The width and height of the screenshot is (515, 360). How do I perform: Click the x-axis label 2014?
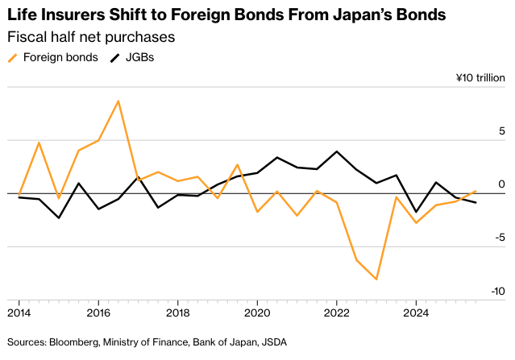pos(19,312)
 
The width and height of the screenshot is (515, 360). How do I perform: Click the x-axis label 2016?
pos(98,312)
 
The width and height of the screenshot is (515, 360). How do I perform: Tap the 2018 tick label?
pos(177,312)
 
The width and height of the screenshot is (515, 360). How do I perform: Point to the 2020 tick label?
pos(257,312)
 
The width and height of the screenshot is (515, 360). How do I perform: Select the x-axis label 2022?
pos(336,312)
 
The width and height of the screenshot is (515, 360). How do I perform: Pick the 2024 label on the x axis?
pos(416,312)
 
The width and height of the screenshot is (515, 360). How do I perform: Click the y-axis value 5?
pos(501,131)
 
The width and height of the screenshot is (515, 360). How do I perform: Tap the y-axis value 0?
pos(501,184)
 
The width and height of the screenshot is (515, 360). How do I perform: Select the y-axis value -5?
pos(499,238)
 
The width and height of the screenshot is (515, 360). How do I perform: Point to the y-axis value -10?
pos(496,292)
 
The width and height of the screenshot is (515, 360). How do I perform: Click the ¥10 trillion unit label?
pos(480,78)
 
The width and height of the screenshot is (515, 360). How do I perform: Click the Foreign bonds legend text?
pos(60,57)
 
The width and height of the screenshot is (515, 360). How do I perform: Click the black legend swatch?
pos(114,57)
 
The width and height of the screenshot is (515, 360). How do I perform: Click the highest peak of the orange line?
pos(118,101)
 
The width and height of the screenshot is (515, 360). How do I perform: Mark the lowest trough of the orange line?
pos(376,279)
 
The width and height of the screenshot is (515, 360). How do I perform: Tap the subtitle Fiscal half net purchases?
pos(91,37)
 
